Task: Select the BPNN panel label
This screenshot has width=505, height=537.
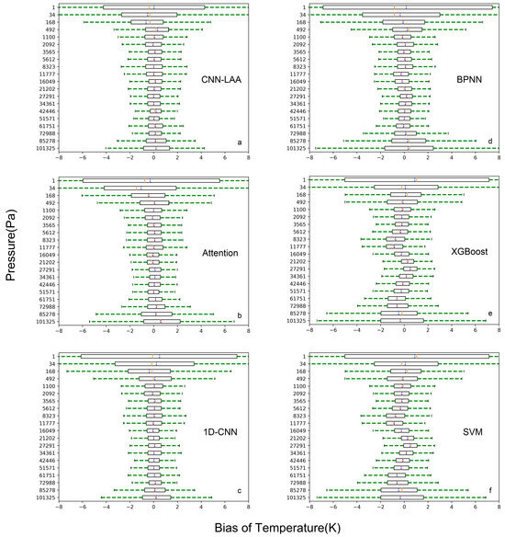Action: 468,80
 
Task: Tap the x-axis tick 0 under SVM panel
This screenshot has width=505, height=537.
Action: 404,513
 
